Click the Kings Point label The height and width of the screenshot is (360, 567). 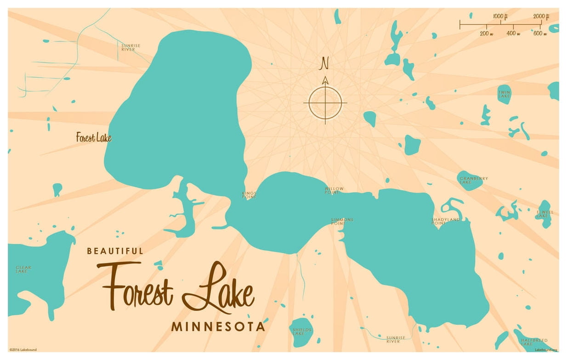click(x=249, y=195)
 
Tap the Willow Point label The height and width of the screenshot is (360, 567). click(x=334, y=191)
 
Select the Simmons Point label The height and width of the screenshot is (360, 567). click(x=342, y=221)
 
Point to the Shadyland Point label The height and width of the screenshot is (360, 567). click(x=446, y=221)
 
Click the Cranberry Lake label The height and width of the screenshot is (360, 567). click(x=474, y=180)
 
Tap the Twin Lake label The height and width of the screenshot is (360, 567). click(x=505, y=94)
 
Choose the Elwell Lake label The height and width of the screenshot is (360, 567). click(x=545, y=214)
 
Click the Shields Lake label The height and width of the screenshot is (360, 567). click(x=302, y=332)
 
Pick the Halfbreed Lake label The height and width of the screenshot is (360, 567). click(x=534, y=342)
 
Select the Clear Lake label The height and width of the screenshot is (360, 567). click(x=23, y=270)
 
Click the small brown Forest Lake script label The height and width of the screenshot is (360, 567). click(x=94, y=137)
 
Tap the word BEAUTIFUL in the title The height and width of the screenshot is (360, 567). click(x=115, y=251)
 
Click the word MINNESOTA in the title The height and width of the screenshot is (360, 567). click(x=218, y=327)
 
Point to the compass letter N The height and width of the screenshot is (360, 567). click(x=325, y=63)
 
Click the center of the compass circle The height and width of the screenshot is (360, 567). click(x=325, y=102)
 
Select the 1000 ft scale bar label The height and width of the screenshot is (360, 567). click(x=500, y=17)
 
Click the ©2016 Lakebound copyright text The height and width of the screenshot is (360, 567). click(x=23, y=349)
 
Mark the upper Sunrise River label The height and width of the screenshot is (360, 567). click(x=131, y=47)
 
